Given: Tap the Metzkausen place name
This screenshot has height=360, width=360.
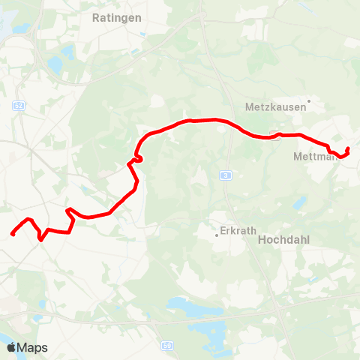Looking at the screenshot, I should [x=275, y=106].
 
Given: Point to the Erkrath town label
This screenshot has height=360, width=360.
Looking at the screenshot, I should [x=239, y=231].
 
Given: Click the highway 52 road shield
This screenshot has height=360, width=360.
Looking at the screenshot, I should [x=17, y=106].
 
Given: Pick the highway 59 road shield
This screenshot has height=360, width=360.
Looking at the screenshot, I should [x=166, y=346].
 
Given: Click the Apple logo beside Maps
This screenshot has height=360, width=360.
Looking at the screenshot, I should [x=11, y=347].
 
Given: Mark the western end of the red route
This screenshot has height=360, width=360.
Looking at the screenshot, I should [x=13, y=235].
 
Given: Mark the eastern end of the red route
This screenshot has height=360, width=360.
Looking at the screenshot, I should [x=348, y=149].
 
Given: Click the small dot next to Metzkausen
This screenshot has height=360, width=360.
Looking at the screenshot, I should [x=308, y=106].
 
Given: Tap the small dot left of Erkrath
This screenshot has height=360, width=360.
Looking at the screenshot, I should [x=217, y=235].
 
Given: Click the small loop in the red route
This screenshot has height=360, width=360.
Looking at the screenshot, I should [x=137, y=158].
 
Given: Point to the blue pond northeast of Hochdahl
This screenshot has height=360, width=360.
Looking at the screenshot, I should [x=300, y=202].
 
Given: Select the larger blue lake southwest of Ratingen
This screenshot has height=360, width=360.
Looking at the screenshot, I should [x=54, y=66].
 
